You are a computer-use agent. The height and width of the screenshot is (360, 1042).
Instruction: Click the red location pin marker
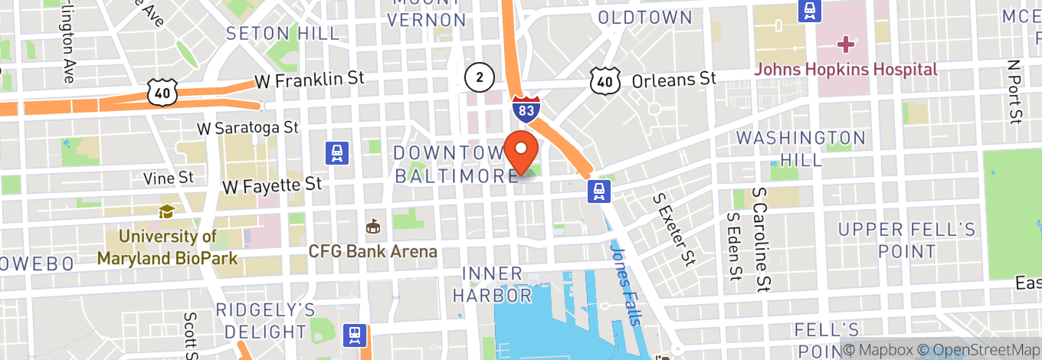pyautogui.click(x=521, y=152)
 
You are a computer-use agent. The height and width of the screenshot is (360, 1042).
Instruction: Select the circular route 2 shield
pyautogui.click(x=479, y=76)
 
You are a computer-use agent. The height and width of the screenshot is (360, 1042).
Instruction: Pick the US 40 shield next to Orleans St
pyautogui.click(x=605, y=79)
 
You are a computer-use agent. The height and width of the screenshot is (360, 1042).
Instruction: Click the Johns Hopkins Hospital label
pyautogui.click(x=846, y=70)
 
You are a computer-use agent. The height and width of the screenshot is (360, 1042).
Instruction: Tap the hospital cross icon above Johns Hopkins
pyautogui.click(x=846, y=44)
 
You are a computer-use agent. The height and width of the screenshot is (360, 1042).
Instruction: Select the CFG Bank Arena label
pyautogui.click(x=372, y=251)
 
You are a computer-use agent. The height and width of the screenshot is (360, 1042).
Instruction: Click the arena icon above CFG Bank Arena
pyautogui.click(x=373, y=227)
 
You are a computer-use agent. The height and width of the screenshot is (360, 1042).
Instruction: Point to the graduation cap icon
pyautogui.click(x=166, y=211)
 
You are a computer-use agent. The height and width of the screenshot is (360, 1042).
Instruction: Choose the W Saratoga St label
pyautogui.click(x=247, y=126)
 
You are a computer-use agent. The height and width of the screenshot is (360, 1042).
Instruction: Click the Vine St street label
pyautogui.click(x=169, y=178)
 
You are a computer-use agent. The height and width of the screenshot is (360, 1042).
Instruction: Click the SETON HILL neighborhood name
pyautogui.click(x=283, y=34)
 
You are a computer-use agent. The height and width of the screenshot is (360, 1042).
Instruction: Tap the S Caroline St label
pyautogui.click(x=761, y=239)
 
